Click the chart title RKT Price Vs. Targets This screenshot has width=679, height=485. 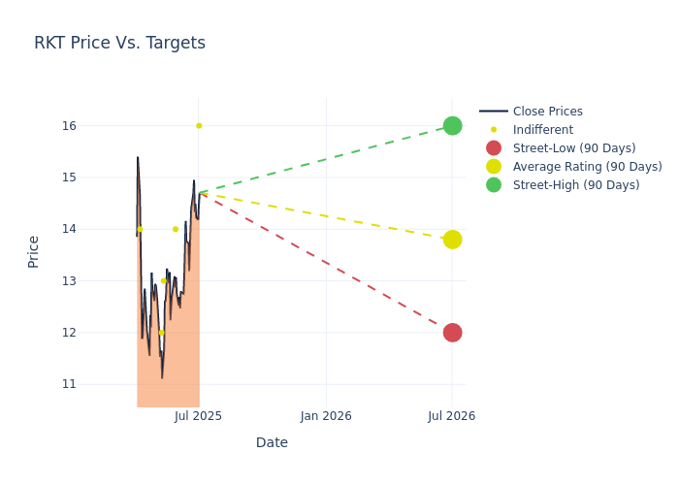(119, 43)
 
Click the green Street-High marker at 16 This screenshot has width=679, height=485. (452, 126)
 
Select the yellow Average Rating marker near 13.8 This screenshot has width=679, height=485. (452, 240)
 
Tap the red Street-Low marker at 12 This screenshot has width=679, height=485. (452, 333)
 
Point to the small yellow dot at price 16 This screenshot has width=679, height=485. (199, 126)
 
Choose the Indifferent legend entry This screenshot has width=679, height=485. (542, 130)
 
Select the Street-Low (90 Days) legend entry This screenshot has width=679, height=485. (574, 148)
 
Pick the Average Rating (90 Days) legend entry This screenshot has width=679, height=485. (587, 167)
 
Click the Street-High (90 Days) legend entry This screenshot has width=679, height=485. (576, 185)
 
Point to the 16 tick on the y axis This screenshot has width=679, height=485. (70, 126)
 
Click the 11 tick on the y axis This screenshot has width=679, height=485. (70, 384)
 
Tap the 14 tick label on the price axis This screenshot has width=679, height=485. (70, 229)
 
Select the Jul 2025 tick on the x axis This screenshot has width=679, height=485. (199, 416)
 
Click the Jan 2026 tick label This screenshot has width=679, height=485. (326, 416)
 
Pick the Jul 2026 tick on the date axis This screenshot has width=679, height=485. (452, 416)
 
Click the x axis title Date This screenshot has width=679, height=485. (272, 443)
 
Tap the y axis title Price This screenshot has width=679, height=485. (34, 251)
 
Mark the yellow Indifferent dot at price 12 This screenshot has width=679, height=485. (161, 333)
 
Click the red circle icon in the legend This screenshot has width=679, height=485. (494, 148)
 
